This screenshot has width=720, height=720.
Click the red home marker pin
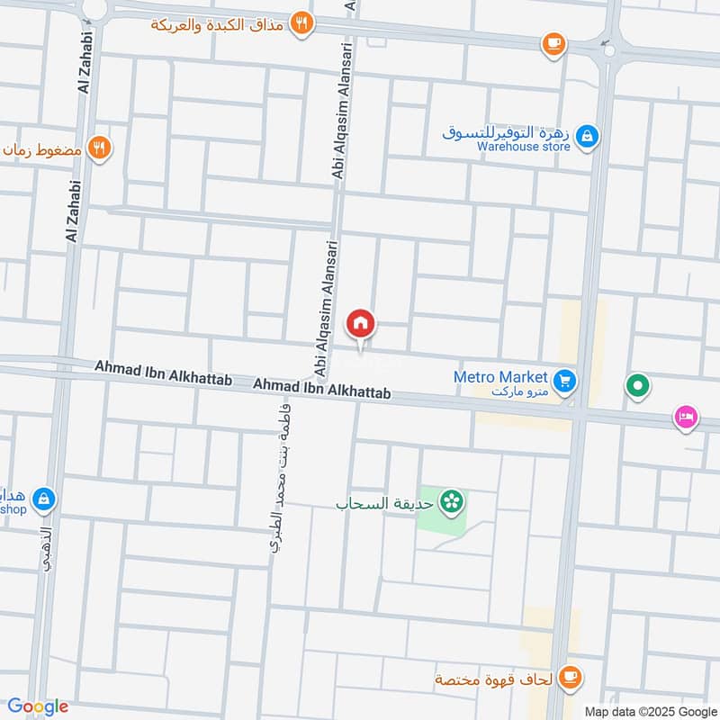click(361, 323)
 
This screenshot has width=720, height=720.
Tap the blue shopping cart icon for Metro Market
click(565, 381)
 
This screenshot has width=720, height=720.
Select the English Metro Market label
click(500, 377)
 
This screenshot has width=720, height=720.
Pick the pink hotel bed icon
click(686, 418)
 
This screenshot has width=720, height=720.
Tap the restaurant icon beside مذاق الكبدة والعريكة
click(302, 25)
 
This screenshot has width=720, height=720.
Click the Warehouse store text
click(524, 146)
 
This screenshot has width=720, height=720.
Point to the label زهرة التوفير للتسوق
click(506, 131)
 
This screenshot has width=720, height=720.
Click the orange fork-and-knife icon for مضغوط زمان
click(100, 149)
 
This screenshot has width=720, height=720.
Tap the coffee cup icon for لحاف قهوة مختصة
click(569, 676)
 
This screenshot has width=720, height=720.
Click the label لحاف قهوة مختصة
click(494, 677)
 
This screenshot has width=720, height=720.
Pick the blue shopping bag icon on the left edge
click(43, 498)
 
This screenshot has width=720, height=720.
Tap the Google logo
click(38, 706)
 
